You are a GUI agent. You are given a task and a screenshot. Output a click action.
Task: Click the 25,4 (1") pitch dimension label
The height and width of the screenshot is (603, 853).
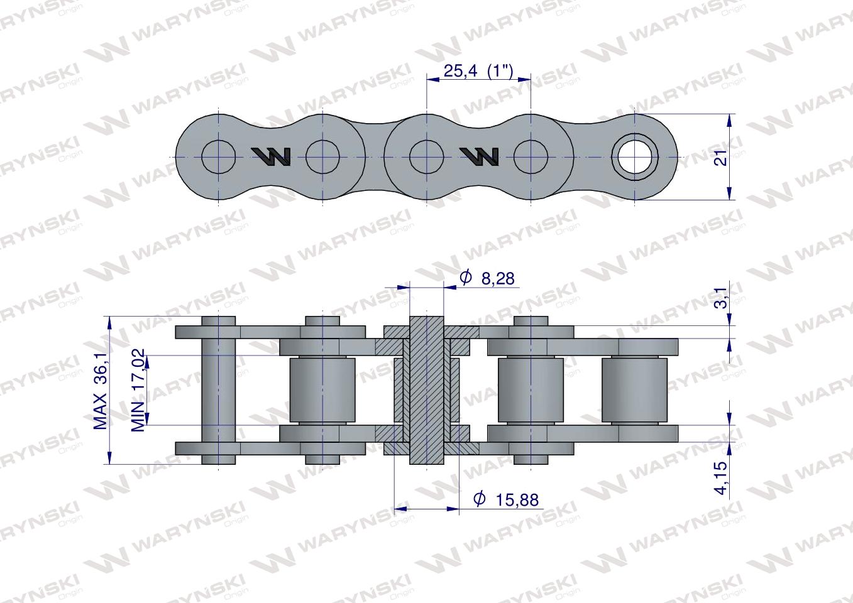pos(478,71)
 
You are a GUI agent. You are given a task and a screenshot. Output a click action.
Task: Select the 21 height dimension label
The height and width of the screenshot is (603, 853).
pos(721,156)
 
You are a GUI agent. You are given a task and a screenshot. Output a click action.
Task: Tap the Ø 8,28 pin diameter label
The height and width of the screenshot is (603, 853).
pos(487,278)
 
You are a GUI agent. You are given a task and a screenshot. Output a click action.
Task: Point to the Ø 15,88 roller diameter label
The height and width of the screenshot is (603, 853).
pos(506,499)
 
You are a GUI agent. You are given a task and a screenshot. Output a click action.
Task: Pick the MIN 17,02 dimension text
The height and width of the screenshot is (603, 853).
pos(138,390)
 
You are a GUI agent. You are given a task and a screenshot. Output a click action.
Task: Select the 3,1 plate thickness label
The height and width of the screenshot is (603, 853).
pos(722,298)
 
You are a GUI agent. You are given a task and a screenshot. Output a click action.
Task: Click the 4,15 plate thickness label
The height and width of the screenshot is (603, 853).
pos(722,478)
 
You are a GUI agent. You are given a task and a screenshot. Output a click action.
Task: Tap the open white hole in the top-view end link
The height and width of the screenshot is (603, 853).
pos(634,157)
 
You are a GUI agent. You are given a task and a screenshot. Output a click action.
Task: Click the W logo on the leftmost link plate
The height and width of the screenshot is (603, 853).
pos(271,156)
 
